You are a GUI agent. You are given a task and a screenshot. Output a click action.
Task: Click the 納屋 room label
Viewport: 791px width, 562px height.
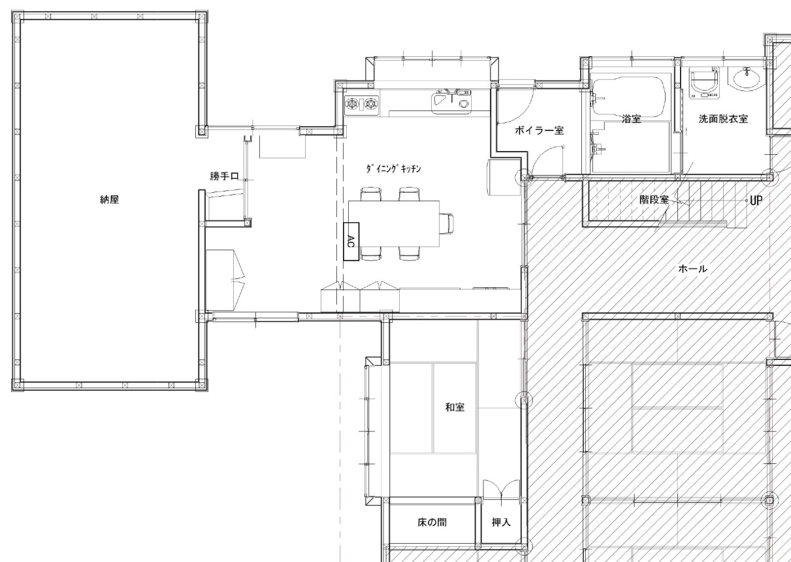tap(110, 200)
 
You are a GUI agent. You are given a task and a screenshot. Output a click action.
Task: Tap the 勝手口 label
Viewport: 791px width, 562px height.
tap(224, 176)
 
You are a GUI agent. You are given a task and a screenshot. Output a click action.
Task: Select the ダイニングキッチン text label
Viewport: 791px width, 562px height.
tap(393, 169)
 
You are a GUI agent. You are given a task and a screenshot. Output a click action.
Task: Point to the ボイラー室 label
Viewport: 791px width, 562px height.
tap(540, 131)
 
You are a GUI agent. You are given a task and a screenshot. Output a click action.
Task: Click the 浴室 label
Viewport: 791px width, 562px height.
tap(632, 119)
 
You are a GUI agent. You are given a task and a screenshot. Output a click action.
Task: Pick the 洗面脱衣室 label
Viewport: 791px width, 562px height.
tap(723, 119)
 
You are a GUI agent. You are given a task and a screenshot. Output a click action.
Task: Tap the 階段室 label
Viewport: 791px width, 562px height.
tap(654, 200)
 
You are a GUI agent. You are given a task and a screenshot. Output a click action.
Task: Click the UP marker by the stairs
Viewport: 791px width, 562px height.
tap(756, 201)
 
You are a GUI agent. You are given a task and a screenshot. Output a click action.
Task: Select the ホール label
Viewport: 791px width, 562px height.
tap(692, 269)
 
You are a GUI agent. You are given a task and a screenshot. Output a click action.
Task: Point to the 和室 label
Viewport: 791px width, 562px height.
tap(455, 407)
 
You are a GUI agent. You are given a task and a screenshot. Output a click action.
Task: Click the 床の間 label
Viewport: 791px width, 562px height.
tap(432, 522)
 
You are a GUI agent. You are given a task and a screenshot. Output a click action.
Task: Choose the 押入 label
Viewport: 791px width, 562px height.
tap(501, 522)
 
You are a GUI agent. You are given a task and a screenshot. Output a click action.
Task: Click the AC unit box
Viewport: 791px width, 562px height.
tap(351, 242)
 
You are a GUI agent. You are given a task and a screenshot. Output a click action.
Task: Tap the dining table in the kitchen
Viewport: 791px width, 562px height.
tap(394, 223)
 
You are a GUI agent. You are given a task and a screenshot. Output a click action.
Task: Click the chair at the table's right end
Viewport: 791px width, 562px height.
tap(446, 223)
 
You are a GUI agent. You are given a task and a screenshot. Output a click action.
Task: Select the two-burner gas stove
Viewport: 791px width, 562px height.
tap(361, 105)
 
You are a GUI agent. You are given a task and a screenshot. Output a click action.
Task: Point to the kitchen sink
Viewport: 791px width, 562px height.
tap(451, 102)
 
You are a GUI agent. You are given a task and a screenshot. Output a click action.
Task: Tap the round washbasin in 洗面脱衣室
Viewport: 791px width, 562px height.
tap(746, 78)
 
